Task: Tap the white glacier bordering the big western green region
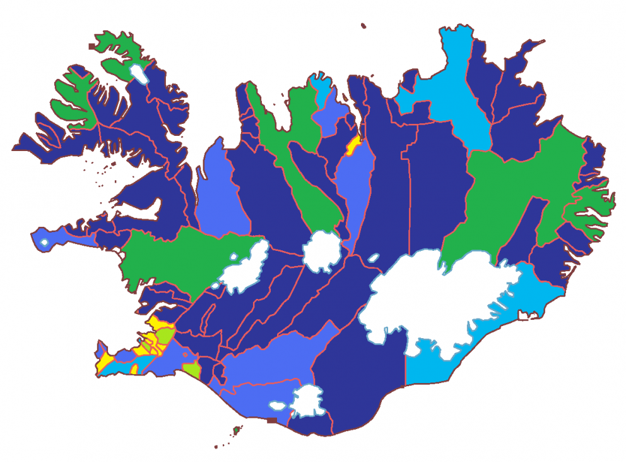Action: point(243,269)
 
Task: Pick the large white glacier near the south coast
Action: point(307,402)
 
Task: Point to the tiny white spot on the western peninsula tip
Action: point(44,242)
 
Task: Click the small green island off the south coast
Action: point(237,431)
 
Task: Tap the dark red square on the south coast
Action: point(272,420)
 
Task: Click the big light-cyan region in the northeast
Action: point(454,95)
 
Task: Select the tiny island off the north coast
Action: point(363,26)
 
